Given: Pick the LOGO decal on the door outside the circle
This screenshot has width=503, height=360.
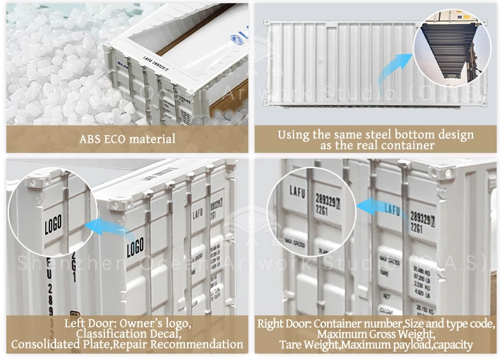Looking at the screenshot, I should point(135,246).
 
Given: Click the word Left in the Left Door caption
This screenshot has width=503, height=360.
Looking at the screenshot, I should point(75,323).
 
